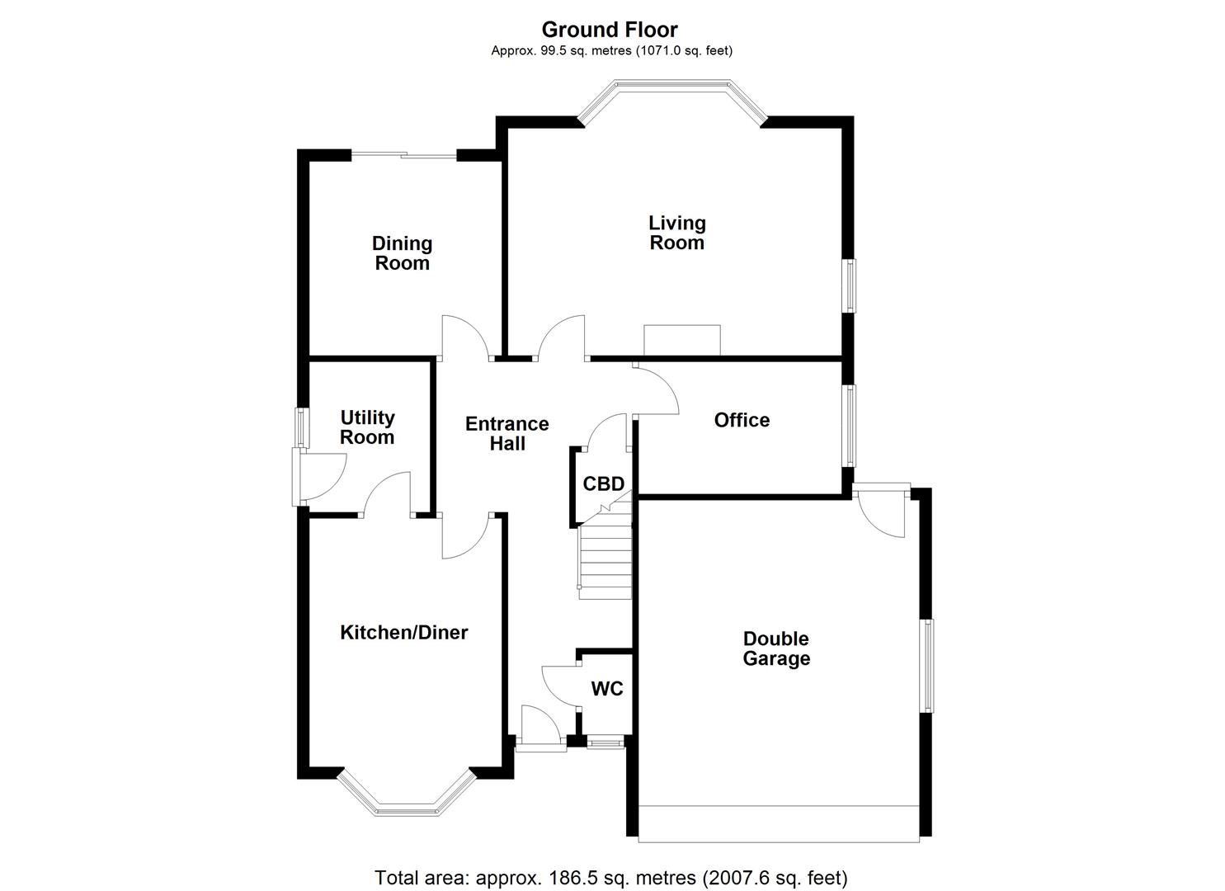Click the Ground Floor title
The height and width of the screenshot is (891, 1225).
click(610, 30)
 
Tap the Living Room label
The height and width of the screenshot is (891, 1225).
click(676, 233)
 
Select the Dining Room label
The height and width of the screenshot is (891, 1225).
click(402, 253)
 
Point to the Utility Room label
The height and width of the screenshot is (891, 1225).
click(367, 427)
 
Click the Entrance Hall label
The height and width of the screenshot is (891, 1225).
click(506, 433)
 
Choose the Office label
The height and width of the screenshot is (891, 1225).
click(742, 420)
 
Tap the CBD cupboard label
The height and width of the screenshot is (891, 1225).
click(603, 483)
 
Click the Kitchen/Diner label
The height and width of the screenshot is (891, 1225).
click(404, 633)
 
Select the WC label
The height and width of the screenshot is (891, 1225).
click(607, 689)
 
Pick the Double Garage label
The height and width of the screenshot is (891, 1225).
click(776, 648)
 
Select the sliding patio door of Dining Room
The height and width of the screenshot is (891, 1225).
click(403, 154)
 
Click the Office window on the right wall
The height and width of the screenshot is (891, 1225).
click(849, 426)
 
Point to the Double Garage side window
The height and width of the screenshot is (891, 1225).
click(927, 665)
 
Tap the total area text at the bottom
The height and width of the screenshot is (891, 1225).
click(611, 877)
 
